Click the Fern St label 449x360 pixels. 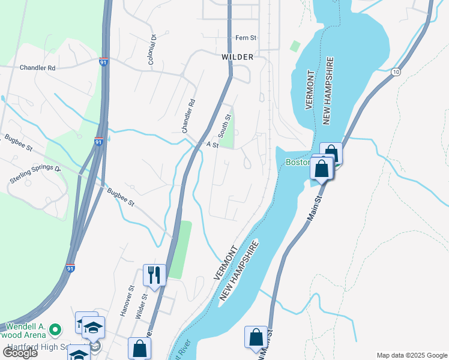pyautogui.click(x=246, y=38)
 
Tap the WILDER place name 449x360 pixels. pyautogui.click(x=237, y=57)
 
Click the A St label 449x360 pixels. pyautogui.click(x=212, y=145)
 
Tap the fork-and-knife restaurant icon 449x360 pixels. pyautogui.click(x=154, y=275)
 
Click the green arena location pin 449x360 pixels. pyautogui.click(x=55, y=329)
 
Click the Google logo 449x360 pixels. pyautogui.click(x=19, y=353)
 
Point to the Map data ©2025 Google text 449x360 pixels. pyautogui.click(x=411, y=355)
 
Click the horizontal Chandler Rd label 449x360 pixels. pyautogui.click(x=37, y=68)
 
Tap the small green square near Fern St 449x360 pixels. pyautogui.click(x=295, y=46)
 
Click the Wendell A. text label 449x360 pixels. pyautogui.click(x=24, y=320)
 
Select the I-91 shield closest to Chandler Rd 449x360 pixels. pyautogui.click(x=104, y=62)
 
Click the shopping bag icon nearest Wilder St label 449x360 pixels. pyautogui.click(x=139, y=348)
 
